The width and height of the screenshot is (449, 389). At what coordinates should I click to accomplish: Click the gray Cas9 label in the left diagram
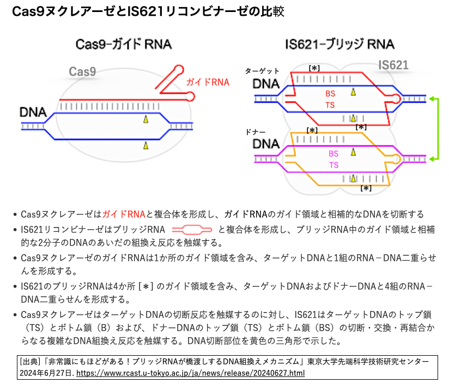coord(82,71)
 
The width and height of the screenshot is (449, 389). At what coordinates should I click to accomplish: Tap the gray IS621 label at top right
coord(393,65)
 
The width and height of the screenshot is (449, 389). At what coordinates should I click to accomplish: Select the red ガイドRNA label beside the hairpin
coord(208,82)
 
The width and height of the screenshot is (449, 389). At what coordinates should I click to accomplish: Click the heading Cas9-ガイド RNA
coord(124,44)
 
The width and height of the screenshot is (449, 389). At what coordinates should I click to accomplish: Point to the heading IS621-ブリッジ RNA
coord(339,44)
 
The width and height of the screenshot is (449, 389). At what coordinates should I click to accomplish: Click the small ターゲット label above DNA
coord(262,71)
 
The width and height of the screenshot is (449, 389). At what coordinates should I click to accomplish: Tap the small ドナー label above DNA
coord(256,132)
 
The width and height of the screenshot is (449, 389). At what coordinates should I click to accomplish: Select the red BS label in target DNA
coord(330,94)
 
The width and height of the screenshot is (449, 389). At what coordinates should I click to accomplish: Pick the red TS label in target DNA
coord(330,105)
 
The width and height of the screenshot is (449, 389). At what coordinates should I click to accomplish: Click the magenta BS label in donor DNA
coord(333,154)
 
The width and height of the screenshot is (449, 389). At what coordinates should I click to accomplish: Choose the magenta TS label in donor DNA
coord(333,165)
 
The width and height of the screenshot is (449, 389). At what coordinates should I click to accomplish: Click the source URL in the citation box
coord(190,373)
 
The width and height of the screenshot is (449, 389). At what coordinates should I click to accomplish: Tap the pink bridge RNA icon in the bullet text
coord(192,230)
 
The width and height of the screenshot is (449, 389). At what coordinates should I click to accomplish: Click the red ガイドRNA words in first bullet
coord(124,214)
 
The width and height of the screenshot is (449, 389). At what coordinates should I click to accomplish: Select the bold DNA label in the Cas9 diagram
coord(33,112)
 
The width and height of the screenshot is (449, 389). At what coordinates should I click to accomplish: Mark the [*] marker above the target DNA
coord(314,68)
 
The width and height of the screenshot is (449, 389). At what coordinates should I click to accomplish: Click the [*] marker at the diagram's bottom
coord(366,188)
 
